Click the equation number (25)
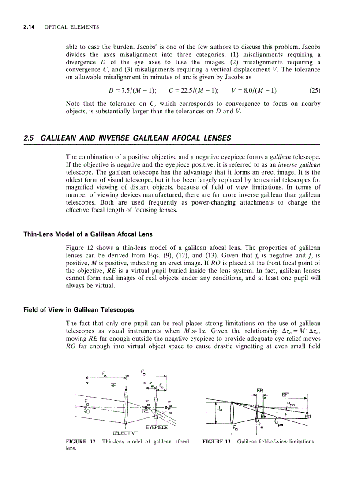coord(315,91)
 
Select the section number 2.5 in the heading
coord(29,138)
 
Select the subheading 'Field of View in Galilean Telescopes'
coord(79,310)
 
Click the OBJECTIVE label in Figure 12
coord(125,433)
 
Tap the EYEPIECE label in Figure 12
coord(157,427)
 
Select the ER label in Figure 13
coord(260,390)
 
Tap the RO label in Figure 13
coord(307,416)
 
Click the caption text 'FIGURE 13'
coord(216,441)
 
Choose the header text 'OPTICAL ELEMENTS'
coord(72,27)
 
